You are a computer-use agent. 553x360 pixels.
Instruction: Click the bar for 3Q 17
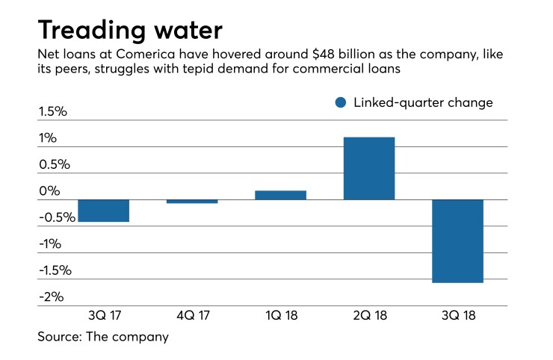pos(104,211)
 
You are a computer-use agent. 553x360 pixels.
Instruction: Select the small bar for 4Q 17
pos(192,201)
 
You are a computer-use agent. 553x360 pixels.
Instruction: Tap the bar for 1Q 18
pos(280,195)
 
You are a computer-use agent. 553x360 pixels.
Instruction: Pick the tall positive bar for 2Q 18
pos(368,168)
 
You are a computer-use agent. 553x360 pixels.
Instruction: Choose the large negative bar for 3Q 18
pos(457,241)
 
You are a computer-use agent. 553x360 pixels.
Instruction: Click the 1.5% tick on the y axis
pos(53,112)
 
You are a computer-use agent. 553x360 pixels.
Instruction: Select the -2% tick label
pos(51,297)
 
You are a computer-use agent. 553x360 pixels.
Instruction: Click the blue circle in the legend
pos(341,103)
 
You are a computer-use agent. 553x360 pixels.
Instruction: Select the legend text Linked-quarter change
pos(423,103)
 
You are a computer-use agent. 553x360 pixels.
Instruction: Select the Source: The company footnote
pos(103,337)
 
